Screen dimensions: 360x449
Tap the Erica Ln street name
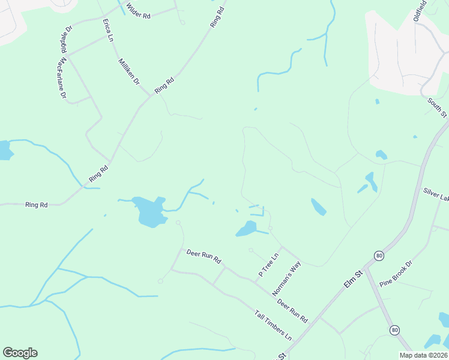[x=109, y=30]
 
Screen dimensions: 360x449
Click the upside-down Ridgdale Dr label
[x=66, y=37]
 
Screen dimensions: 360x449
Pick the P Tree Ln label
[x=269, y=265]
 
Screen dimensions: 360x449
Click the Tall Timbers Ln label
[x=273, y=325]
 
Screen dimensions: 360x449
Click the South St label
[x=437, y=107]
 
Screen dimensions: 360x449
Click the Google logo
[x=20, y=353]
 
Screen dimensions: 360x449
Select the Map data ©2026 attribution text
[x=423, y=355]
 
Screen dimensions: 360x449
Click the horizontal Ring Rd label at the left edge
[x=37, y=205]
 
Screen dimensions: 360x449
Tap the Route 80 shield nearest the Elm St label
[x=378, y=255]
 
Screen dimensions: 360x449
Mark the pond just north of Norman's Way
[x=246, y=229]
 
